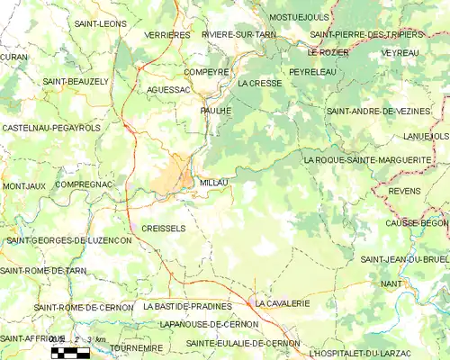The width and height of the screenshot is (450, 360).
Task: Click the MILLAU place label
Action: click(x=213, y=183)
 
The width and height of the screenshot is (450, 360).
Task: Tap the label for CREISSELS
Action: click(x=164, y=229)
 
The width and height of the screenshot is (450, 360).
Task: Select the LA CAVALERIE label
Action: click(x=283, y=304)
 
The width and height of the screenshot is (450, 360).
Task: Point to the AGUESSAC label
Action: click(x=168, y=91)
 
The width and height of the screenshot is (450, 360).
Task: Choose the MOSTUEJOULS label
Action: click(x=299, y=17)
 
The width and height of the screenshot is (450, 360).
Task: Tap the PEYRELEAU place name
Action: click(x=312, y=70)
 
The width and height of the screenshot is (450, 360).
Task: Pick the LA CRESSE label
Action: click(x=260, y=83)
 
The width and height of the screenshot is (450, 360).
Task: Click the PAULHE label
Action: click(x=216, y=110)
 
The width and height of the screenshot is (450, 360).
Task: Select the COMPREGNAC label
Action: click(x=83, y=184)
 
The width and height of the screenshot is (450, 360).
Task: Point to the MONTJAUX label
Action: click(x=23, y=186)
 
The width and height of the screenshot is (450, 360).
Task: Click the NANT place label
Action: click(x=391, y=283)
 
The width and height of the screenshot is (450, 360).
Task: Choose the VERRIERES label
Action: click(x=167, y=35)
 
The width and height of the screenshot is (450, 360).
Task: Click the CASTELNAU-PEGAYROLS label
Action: click(x=51, y=129)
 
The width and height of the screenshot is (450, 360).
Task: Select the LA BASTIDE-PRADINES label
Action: click(x=188, y=306)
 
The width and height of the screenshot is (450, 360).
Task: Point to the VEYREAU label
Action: click(x=400, y=53)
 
